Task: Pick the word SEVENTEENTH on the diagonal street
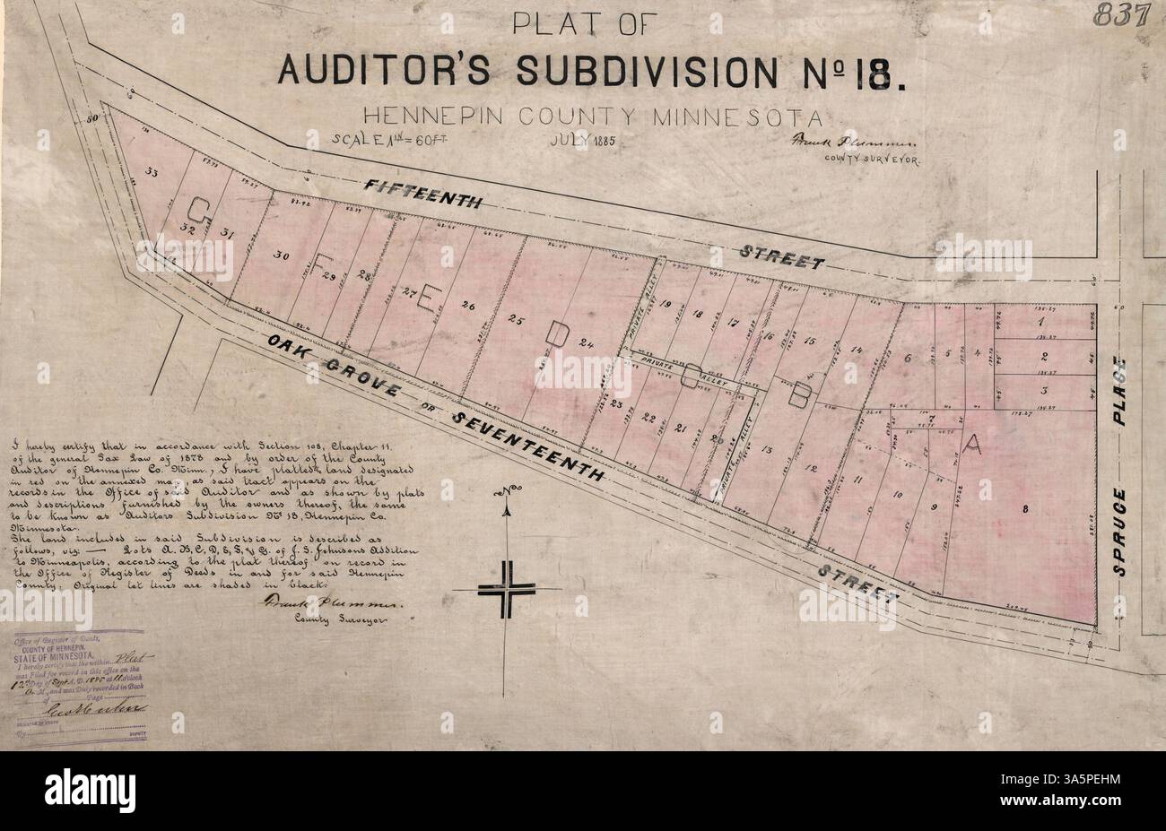tap(529, 446)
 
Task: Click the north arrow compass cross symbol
tap(507, 587)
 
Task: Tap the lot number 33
tap(152, 172)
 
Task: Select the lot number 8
tap(1024, 509)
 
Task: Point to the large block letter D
tap(557, 333)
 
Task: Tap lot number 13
tap(766, 449)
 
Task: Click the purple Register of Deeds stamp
tap(81, 681)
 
